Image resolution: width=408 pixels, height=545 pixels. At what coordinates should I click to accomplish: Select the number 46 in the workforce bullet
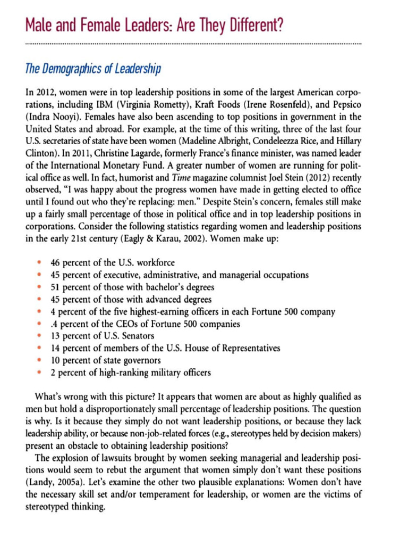pyautogui.click(x=56, y=263)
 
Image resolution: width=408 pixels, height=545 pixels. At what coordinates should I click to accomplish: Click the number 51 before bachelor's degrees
pyautogui.click(x=56, y=287)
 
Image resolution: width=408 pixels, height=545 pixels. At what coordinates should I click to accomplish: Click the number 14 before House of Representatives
pyautogui.click(x=56, y=348)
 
